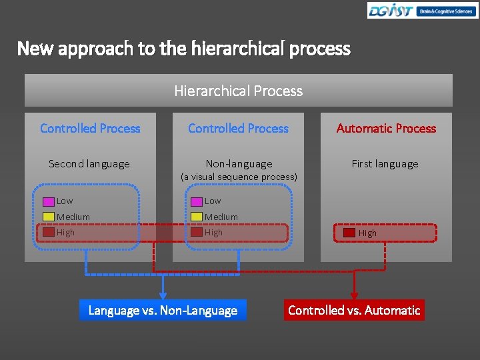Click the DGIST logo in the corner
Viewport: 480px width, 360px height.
pos(422,11)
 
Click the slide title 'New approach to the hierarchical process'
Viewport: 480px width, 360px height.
pos(183,49)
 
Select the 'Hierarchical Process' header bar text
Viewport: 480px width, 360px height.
pos(238,91)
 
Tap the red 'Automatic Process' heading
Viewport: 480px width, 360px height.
pos(386,128)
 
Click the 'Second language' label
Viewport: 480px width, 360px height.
pos(89,163)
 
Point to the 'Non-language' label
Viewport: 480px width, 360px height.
pos(239,163)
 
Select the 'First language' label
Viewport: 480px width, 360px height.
pos(385,163)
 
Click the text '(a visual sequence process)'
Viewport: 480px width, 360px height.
pos(239,177)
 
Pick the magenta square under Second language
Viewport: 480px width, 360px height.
pos(49,201)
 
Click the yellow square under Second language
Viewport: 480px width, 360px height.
pos(49,217)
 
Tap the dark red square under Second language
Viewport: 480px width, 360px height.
pos(49,233)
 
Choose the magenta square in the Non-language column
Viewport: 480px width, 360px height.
pos(197,201)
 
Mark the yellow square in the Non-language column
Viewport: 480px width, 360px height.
pos(197,217)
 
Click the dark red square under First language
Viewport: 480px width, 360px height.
pos(349,233)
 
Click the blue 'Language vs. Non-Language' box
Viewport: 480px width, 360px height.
pos(163,310)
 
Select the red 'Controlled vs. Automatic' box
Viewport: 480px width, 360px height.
pos(354,310)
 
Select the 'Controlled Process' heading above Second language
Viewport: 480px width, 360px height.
pos(90,128)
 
